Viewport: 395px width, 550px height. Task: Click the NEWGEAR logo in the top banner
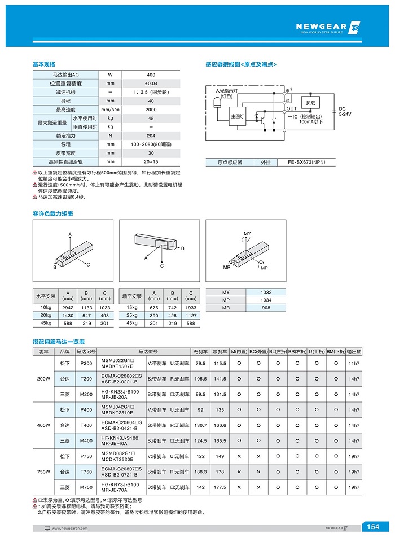pos(327,27)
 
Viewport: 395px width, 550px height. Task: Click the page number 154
pos(373,527)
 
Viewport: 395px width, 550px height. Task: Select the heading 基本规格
pos(43,64)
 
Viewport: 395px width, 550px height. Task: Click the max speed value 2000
pos(151,110)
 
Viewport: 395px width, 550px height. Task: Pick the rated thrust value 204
pos(151,136)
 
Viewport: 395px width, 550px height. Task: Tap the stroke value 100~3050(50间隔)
pos(151,145)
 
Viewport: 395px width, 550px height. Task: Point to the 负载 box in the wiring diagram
pos(310,103)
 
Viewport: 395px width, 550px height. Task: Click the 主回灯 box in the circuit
pos(237,116)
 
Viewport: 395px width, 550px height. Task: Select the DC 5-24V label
pos(344,111)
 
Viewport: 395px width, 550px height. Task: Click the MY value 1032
pos(266,292)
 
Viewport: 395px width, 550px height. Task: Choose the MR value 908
pos(266,308)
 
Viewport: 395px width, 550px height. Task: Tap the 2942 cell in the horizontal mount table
pos(68,307)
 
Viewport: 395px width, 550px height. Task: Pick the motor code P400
pos(86,410)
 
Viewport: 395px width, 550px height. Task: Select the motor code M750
pos(86,487)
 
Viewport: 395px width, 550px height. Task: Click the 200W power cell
pos(43,379)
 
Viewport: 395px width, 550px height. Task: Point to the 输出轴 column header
pos(354,351)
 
